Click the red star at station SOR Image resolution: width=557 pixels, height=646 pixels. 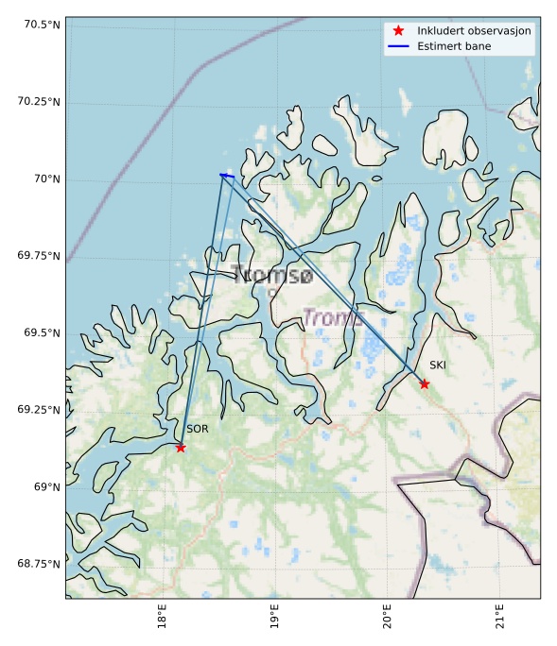181,448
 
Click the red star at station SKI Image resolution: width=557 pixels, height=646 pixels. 425,383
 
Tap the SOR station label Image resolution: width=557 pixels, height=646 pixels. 197,429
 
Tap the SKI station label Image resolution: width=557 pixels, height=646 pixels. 438,365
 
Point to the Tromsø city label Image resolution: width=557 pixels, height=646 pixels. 271,276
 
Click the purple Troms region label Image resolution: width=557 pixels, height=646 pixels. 333,318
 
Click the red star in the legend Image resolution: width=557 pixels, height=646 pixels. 398,30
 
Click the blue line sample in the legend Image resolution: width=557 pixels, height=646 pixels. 398,46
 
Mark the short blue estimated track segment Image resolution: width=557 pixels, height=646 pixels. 227,175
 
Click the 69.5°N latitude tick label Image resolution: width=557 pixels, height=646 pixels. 39,332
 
